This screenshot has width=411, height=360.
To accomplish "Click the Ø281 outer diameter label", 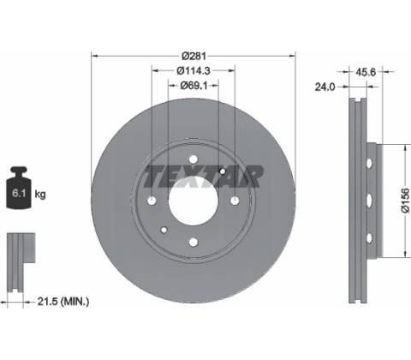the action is pyautogui.click(x=194, y=56).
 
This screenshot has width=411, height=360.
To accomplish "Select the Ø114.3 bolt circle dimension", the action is pyautogui.click(x=194, y=70).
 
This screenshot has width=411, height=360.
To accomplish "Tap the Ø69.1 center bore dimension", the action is pyautogui.click(x=194, y=85).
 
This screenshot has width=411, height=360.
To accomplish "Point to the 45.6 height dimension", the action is pyautogui.click(x=366, y=72).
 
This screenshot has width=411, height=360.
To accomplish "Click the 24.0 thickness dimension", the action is pyautogui.click(x=325, y=87).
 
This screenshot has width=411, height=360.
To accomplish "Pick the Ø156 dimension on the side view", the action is pyautogui.click(x=405, y=200).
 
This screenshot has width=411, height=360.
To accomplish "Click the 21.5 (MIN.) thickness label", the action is pyautogui.click(x=63, y=301).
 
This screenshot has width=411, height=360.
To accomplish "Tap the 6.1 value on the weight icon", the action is pyautogui.click(x=19, y=194).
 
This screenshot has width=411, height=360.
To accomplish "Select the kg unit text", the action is pyautogui.click(x=40, y=195).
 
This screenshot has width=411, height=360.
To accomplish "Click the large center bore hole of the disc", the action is pyautogui.click(x=194, y=200).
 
